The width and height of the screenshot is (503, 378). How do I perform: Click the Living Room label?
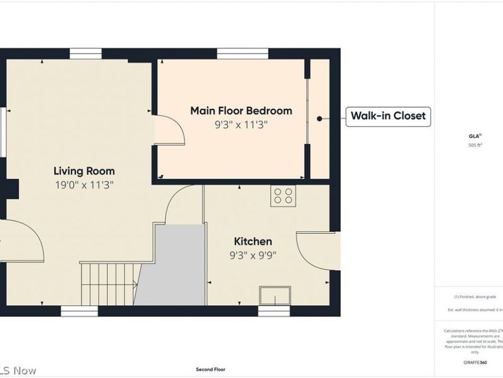(84, 171)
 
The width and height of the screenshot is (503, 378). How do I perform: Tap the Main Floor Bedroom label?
(241, 111)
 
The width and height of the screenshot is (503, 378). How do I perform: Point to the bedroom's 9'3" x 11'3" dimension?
(241, 125)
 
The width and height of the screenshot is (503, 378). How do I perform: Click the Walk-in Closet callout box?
(389, 116)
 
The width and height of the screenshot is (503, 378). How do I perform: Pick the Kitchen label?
(253, 241)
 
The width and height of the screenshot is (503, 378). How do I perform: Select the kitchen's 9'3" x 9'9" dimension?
(253, 255)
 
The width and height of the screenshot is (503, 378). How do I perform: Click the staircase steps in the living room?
(109, 284)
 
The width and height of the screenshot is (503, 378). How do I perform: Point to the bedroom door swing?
(170, 130)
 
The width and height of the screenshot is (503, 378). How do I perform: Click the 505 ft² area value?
(475, 145)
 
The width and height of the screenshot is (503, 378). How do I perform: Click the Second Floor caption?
(210, 370)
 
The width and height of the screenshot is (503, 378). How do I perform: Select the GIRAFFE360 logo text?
(475, 364)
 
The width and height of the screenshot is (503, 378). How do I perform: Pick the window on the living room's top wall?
(86, 54)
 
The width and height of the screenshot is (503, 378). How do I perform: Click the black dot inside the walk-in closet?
(319, 118)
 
